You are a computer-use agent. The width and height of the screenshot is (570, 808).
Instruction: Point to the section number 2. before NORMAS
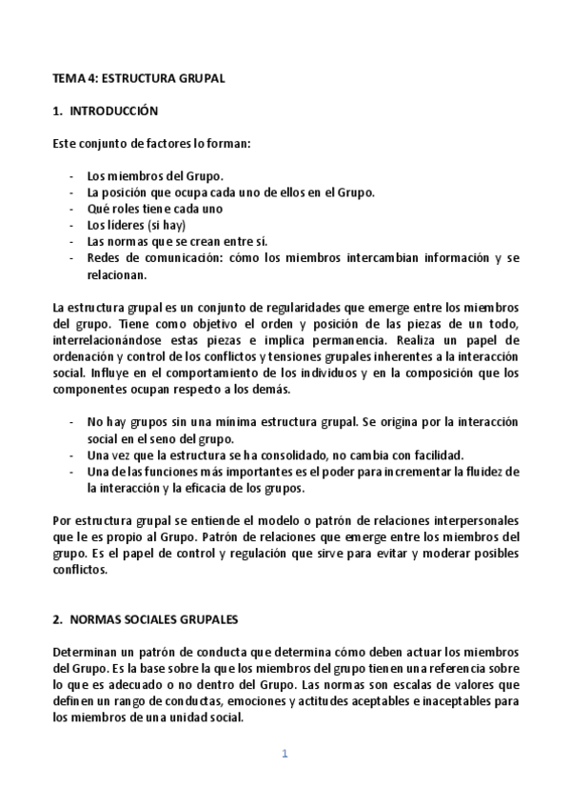pyautogui.click(x=57, y=617)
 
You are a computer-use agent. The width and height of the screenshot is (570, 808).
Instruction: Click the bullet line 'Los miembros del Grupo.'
pyautogui.click(x=154, y=176)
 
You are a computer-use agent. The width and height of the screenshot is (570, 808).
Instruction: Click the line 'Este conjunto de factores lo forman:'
pyautogui.click(x=151, y=144)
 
